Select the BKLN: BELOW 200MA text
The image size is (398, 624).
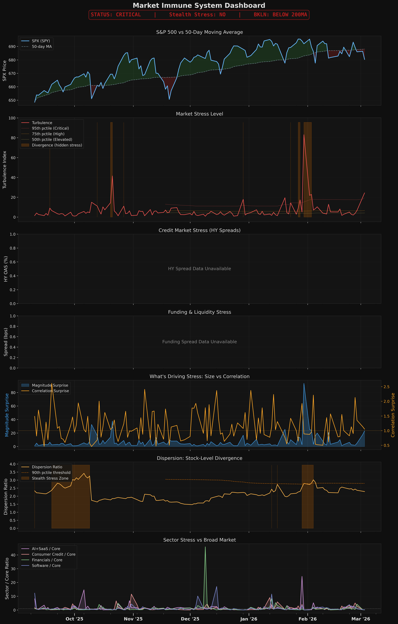coord(280,15)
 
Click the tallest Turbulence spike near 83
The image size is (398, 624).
coord(304,135)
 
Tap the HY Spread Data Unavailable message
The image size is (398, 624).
coord(199,269)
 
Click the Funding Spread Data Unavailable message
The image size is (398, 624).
coord(199,342)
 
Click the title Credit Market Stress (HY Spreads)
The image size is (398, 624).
coord(199,230)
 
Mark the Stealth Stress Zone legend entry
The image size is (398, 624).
coord(50,478)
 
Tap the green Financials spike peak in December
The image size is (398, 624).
coord(205,547)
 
